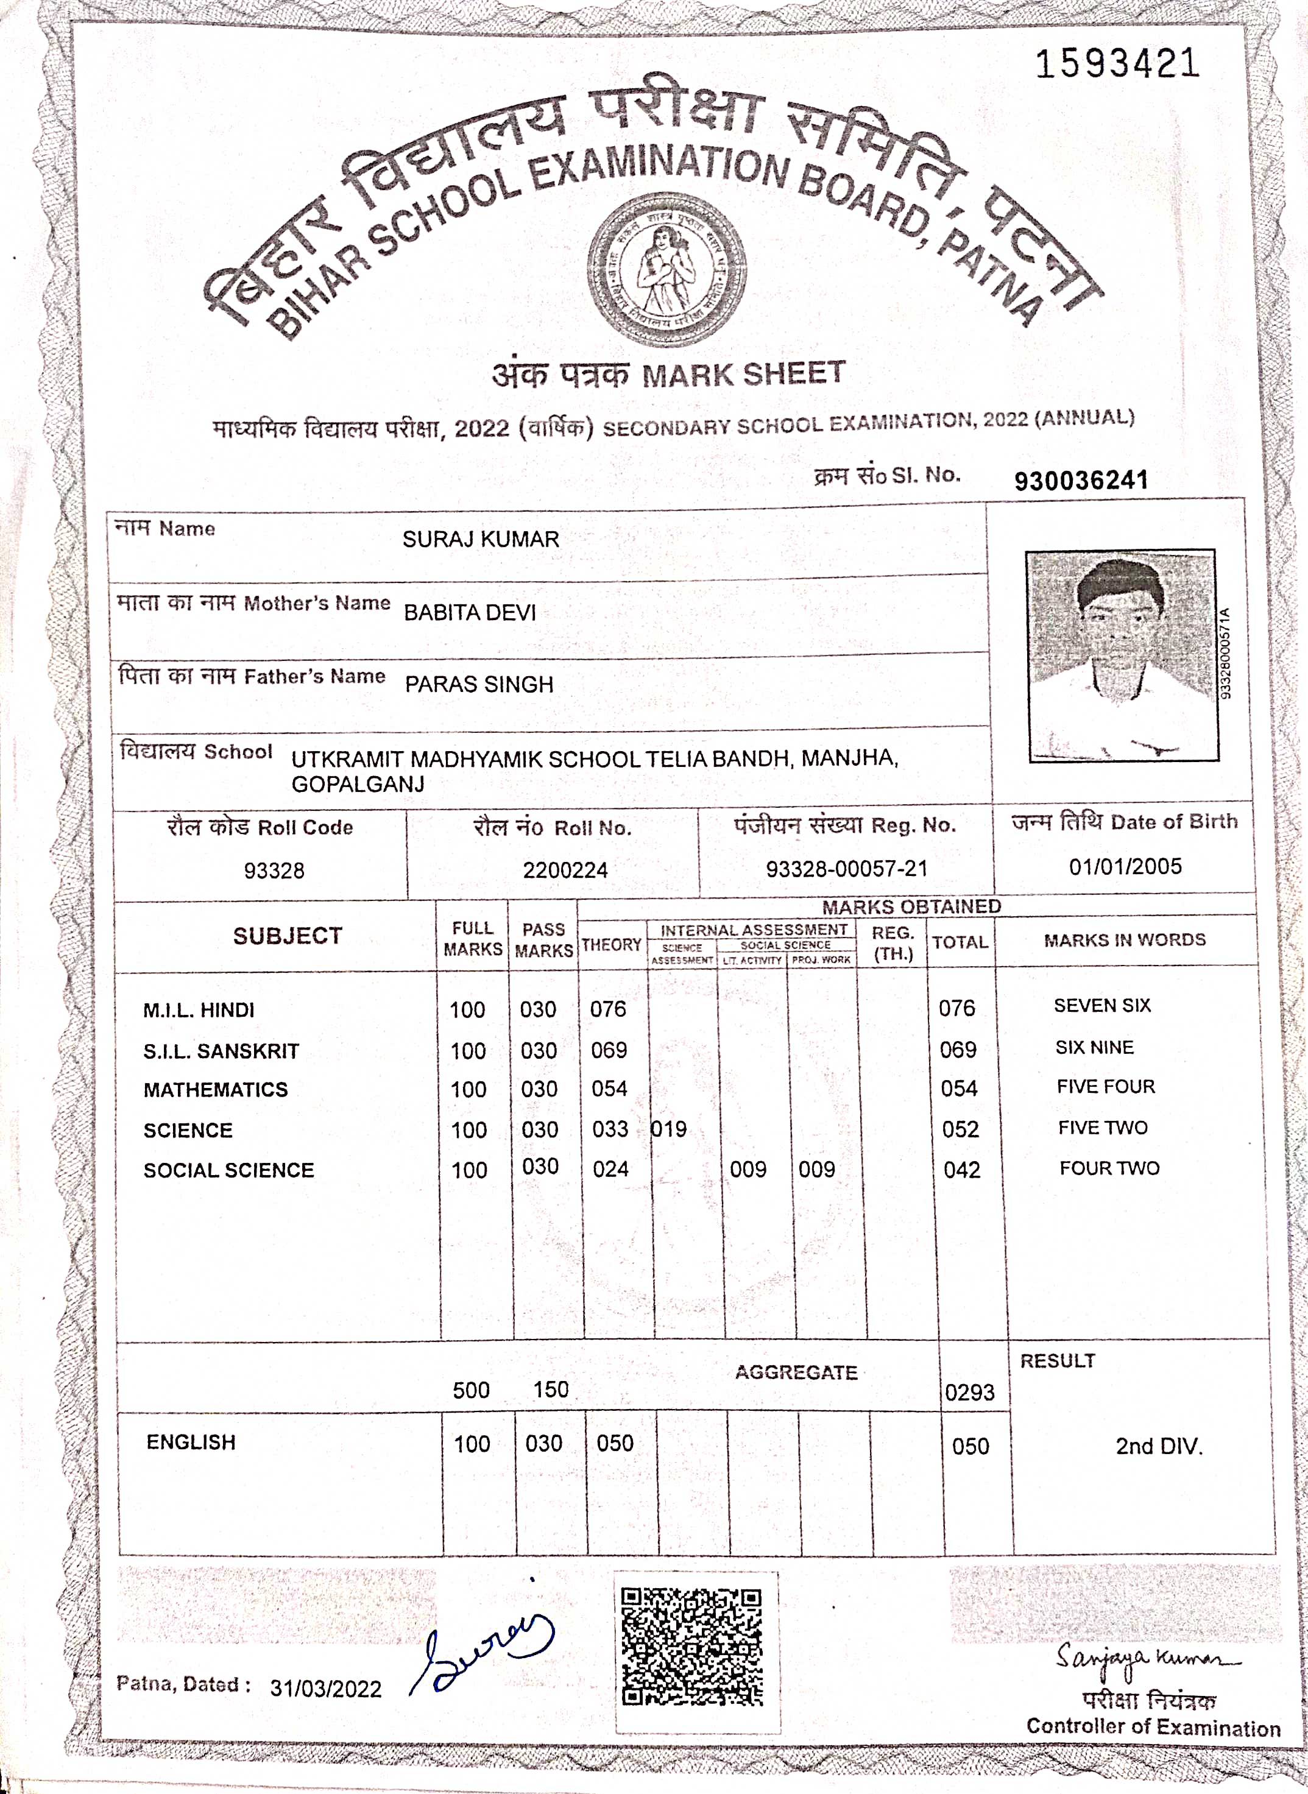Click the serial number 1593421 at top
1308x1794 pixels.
[1117, 63]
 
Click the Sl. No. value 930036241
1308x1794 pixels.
[1081, 481]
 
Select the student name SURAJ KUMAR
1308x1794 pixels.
[481, 539]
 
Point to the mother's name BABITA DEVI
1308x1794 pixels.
[470, 612]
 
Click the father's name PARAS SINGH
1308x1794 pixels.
[479, 684]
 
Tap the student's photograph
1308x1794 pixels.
[1122, 655]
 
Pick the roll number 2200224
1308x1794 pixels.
[565, 870]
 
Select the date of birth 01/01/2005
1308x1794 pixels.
[1125, 866]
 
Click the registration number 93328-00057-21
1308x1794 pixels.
[846, 869]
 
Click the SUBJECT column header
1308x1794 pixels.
[288, 936]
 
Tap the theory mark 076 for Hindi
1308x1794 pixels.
[608, 1009]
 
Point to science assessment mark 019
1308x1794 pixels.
[669, 1129]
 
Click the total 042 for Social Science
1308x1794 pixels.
[962, 1170]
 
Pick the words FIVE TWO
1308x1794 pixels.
[1103, 1128]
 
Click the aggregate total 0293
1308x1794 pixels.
[969, 1392]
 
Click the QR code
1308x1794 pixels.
[691, 1646]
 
